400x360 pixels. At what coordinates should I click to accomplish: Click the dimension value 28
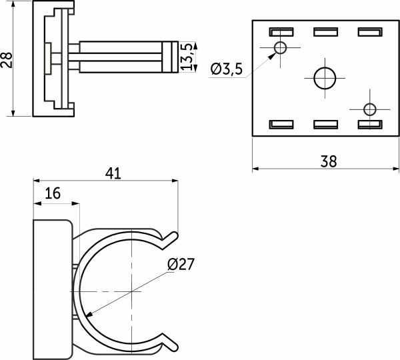(7, 60)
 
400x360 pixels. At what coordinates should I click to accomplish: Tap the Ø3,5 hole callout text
(227, 69)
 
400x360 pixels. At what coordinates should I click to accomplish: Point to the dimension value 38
(329, 161)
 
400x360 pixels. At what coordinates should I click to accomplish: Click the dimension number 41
(113, 174)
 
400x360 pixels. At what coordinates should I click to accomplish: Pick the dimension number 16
(53, 193)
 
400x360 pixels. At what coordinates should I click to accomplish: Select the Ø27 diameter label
(181, 264)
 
